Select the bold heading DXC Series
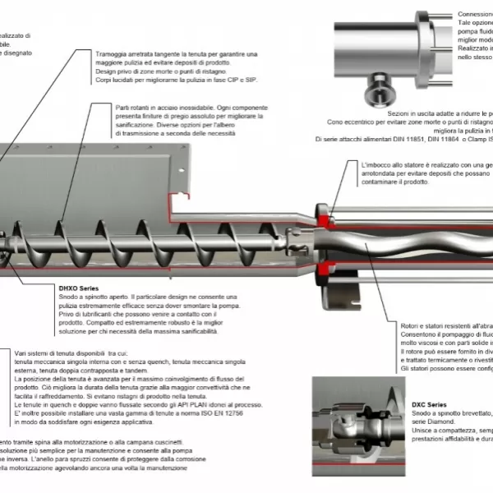click(429, 405)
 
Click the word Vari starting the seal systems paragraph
click(23, 353)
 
